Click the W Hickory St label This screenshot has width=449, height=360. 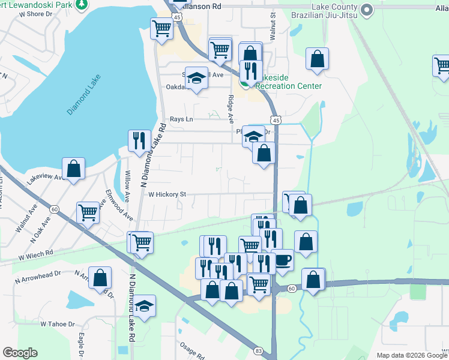pyautogui.click(x=167, y=194)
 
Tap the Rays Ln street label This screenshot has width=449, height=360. pyautogui.click(x=181, y=119)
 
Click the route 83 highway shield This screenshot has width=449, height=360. pyautogui.click(x=258, y=350)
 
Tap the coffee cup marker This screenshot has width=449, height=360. pyautogui.click(x=282, y=260)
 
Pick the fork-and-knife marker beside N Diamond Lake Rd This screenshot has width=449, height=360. pyautogui.click(x=139, y=140)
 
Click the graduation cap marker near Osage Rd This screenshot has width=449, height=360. pyautogui.click(x=144, y=305)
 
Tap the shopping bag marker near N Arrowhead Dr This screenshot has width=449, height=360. pyautogui.click(x=100, y=277)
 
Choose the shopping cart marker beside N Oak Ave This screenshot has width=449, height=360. pyautogui.click(x=88, y=212)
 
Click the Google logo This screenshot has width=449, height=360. pyautogui.click(x=20, y=353)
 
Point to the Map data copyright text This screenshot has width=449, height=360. pyautogui.click(x=411, y=355)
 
